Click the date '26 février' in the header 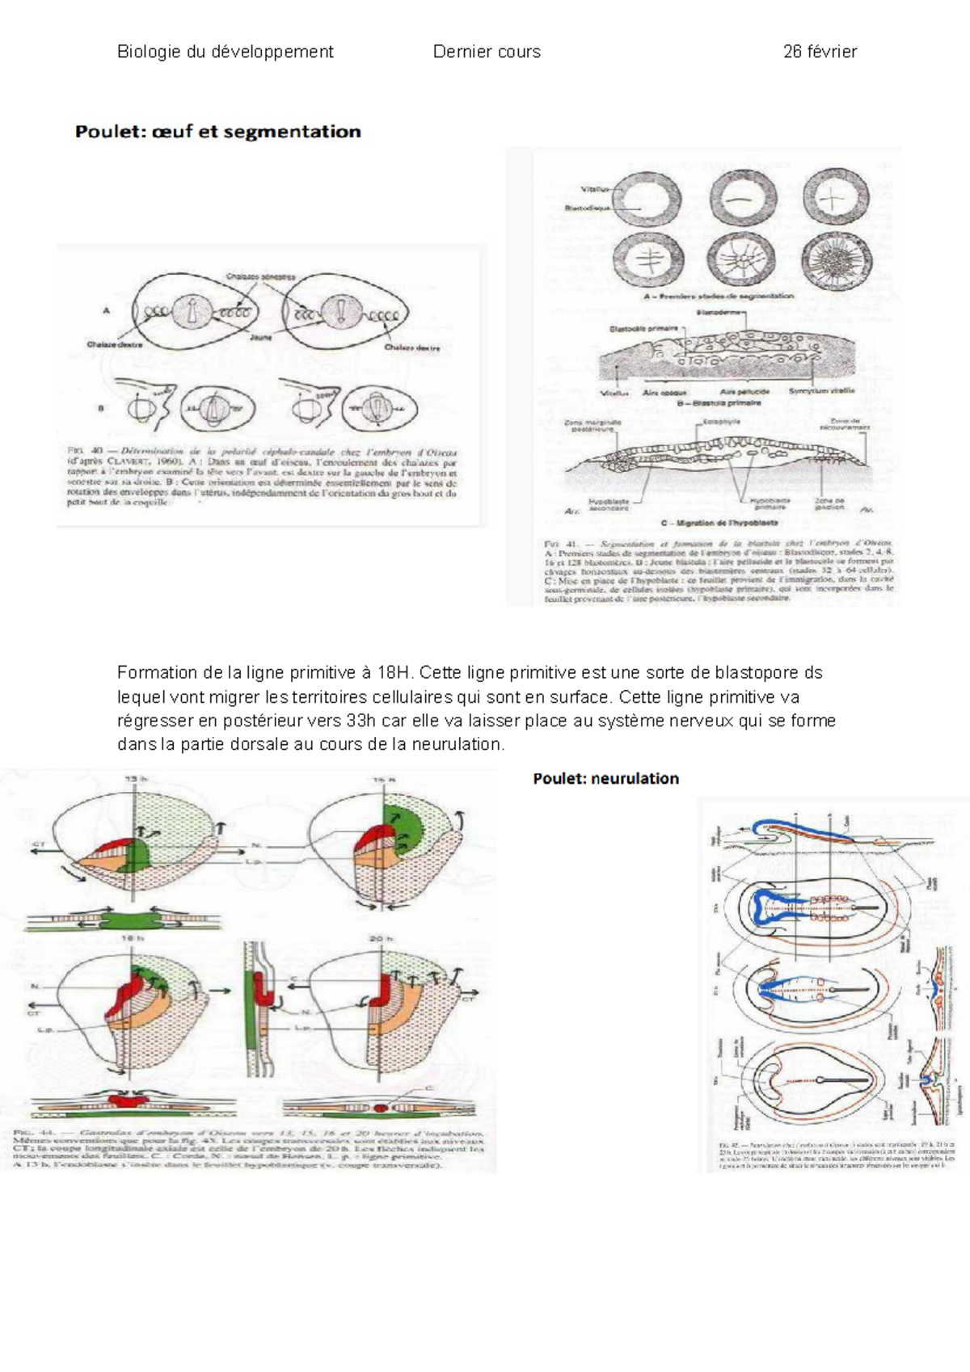coord(819,52)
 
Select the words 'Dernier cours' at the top coord(487,52)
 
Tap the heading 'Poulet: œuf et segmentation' coord(217,132)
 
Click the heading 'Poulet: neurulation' coord(605,778)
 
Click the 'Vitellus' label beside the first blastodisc coord(593,189)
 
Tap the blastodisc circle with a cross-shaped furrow coord(835,196)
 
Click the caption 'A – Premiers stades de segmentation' coord(718,297)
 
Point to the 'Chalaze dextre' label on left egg coord(114,345)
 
